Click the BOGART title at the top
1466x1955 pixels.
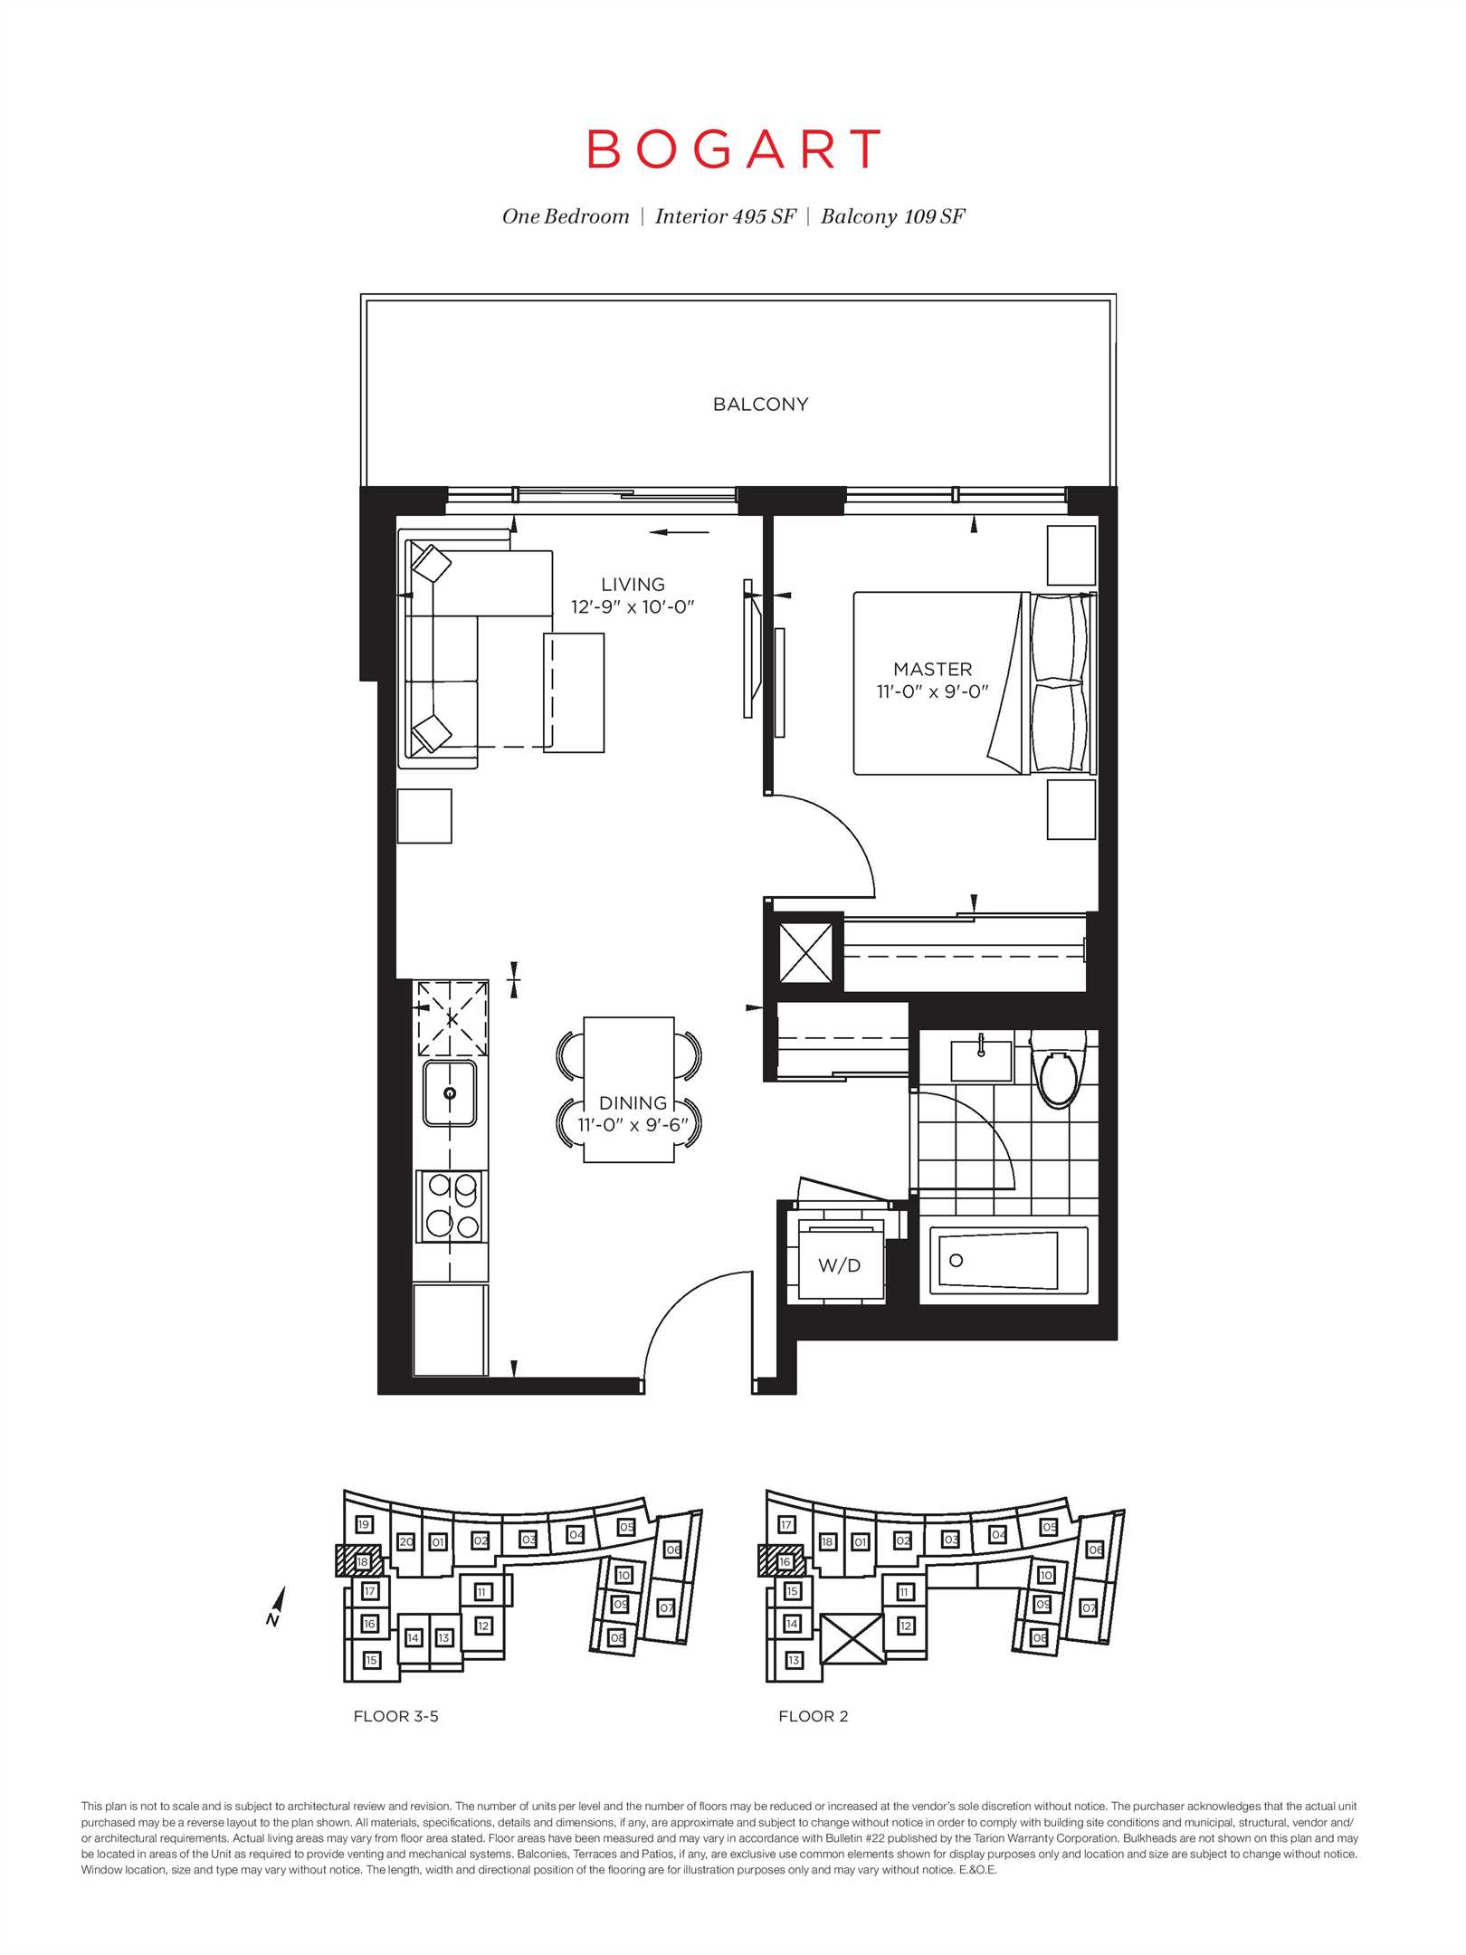pyautogui.click(x=734, y=149)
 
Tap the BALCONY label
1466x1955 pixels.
pyautogui.click(x=760, y=405)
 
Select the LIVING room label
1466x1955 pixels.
pyautogui.click(x=633, y=585)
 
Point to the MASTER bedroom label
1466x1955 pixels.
pyautogui.click(x=932, y=669)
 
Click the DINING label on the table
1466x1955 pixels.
pyautogui.click(x=633, y=1103)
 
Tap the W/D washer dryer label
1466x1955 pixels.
pyautogui.click(x=839, y=1265)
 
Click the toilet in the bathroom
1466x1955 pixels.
pyautogui.click(x=1057, y=1069)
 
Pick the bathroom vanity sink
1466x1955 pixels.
pyautogui.click(x=981, y=1060)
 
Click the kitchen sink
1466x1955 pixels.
pyautogui.click(x=451, y=1093)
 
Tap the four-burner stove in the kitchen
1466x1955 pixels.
pyautogui.click(x=452, y=1206)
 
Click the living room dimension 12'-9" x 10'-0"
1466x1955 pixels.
pyautogui.click(x=633, y=607)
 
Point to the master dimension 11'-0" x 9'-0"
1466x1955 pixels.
pyautogui.click(x=932, y=691)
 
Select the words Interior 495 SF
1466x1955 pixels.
pyautogui.click(x=725, y=216)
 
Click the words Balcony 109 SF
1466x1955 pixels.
pyautogui.click(x=893, y=216)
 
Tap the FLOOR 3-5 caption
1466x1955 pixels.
pyautogui.click(x=396, y=1716)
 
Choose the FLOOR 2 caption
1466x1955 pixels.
pyautogui.click(x=814, y=1716)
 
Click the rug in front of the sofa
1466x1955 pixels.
pyautogui.click(x=574, y=692)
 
